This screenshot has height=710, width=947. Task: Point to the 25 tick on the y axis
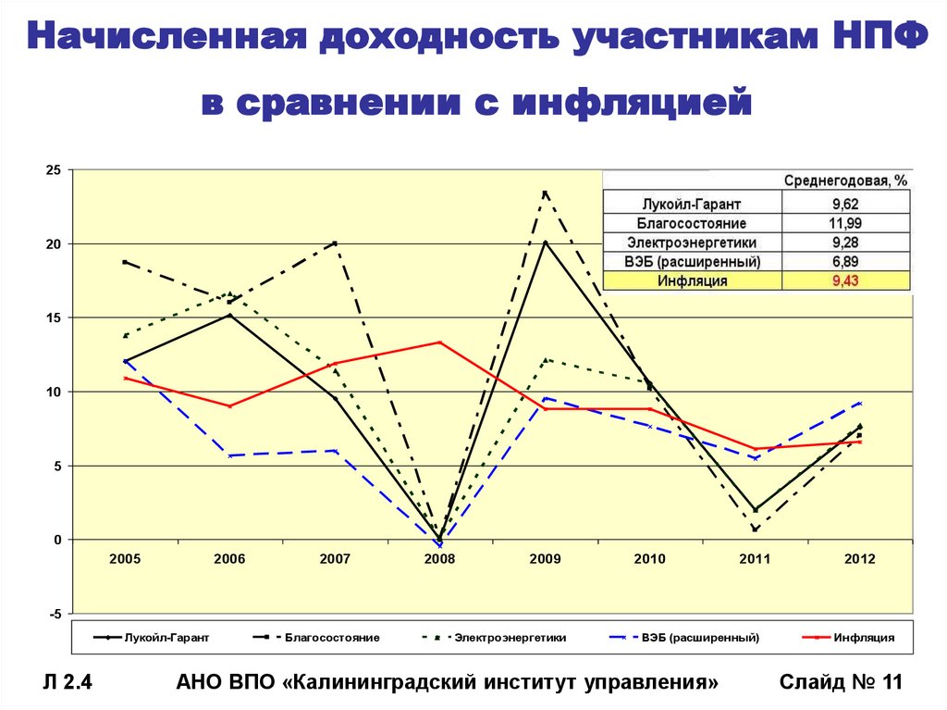coord(53,170)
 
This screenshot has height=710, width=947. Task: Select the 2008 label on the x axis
coord(439,559)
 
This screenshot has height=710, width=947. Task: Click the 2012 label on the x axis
coord(859,559)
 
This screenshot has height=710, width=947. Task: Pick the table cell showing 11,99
coord(845,223)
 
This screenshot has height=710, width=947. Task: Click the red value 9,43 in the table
coord(845,281)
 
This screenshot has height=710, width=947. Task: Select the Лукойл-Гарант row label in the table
coord(692,204)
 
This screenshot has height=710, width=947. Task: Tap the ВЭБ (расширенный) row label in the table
coord(692,262)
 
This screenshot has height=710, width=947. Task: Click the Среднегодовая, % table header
coord(845,181)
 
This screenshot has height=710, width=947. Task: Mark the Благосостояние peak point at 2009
coord(545,193)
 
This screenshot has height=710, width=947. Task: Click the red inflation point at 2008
coord(439,343)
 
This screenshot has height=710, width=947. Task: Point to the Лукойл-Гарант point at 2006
coord(229,315)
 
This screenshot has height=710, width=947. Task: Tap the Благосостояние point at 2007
coord(334,243)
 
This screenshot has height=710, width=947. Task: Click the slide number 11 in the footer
coord(892,683)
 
